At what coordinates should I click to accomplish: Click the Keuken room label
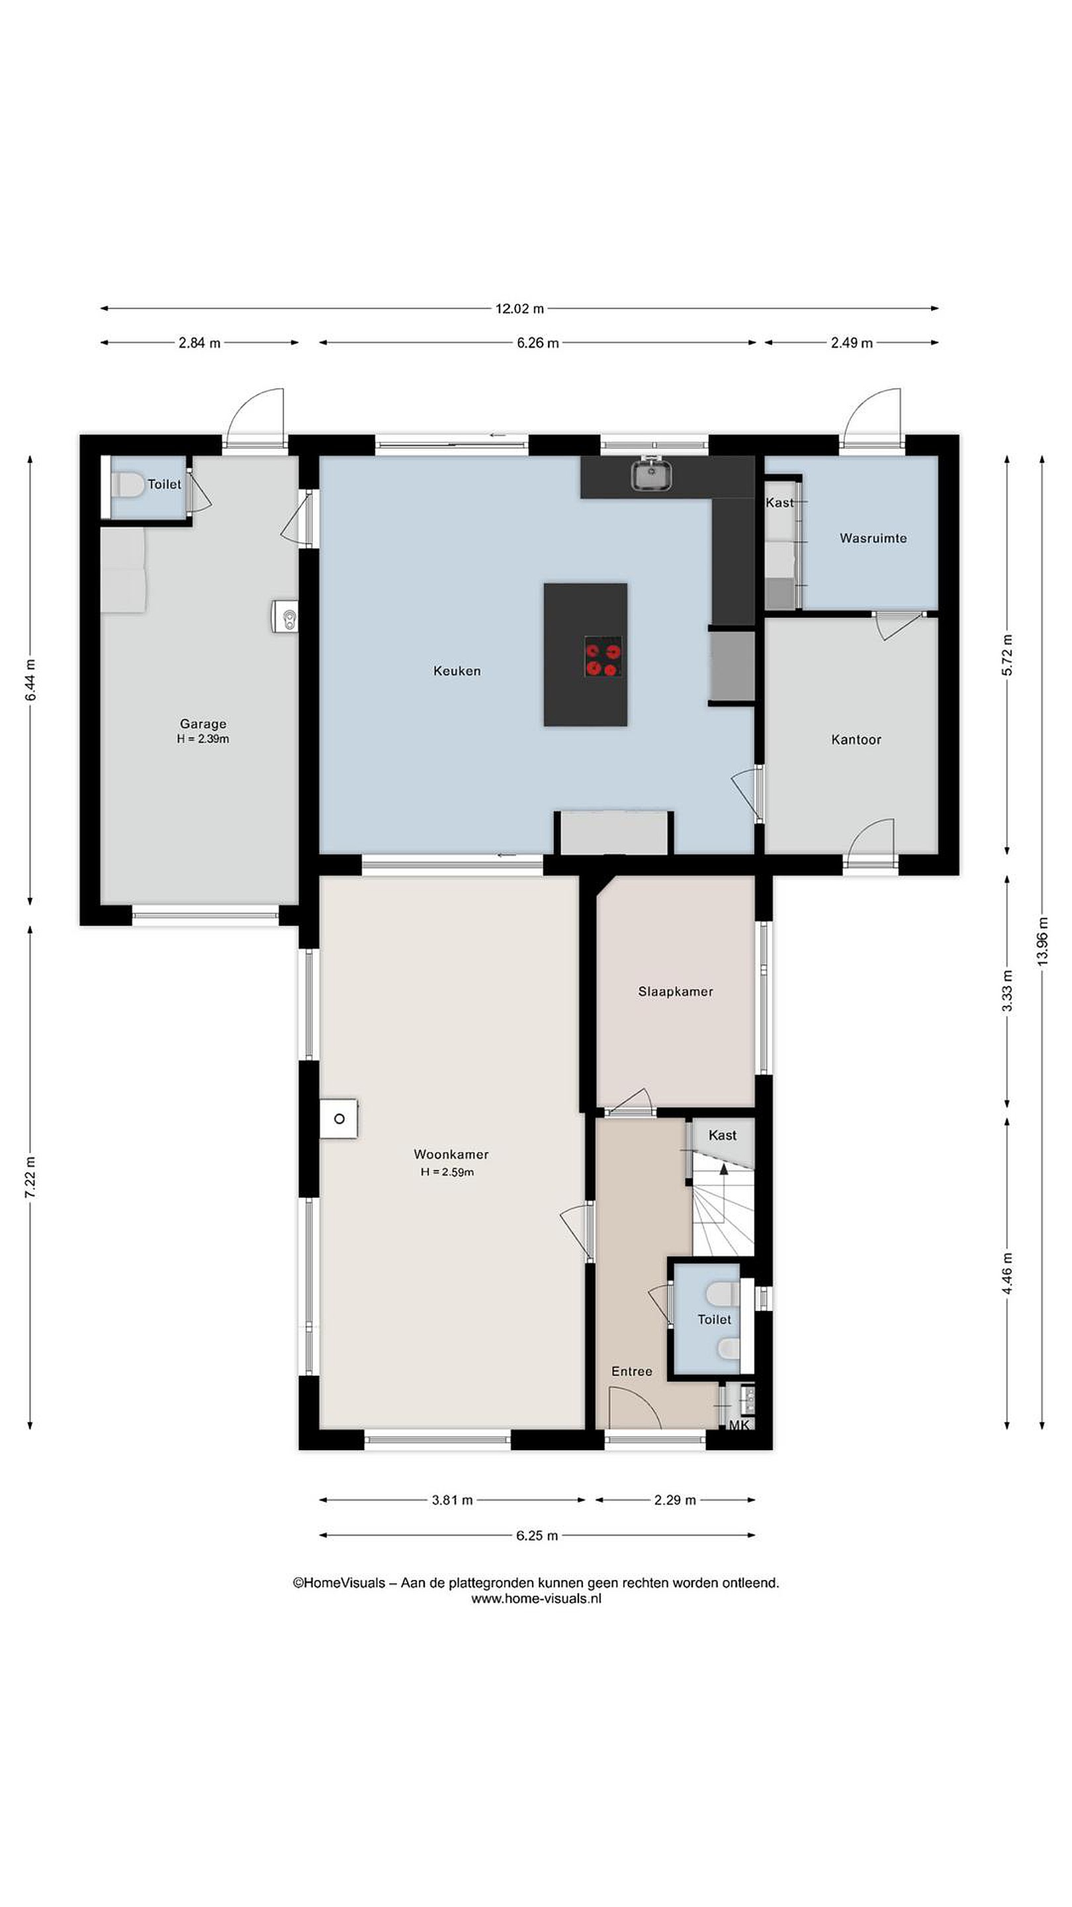click(457, 671)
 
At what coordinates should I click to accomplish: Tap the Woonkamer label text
click(451, 1153)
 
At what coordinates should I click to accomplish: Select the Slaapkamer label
click(676, 991)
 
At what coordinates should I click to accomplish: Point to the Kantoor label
click(856, 739)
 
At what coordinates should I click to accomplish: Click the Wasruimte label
click(873, 538)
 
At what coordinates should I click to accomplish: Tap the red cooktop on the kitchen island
click(602, 656)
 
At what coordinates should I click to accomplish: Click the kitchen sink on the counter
click(652, 474)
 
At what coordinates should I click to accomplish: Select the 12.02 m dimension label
click(519, 308)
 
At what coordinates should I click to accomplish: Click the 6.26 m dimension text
click(538, 343)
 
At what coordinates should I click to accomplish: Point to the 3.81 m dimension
click(452, 1500)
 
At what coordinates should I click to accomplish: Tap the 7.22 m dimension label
click(30, 1177)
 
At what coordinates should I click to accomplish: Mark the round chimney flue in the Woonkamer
click(339, 1118)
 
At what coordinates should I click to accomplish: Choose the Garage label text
click(202, 723)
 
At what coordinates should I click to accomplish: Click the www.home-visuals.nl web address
click(537, 1598)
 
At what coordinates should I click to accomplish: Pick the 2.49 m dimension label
click(852, 343)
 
